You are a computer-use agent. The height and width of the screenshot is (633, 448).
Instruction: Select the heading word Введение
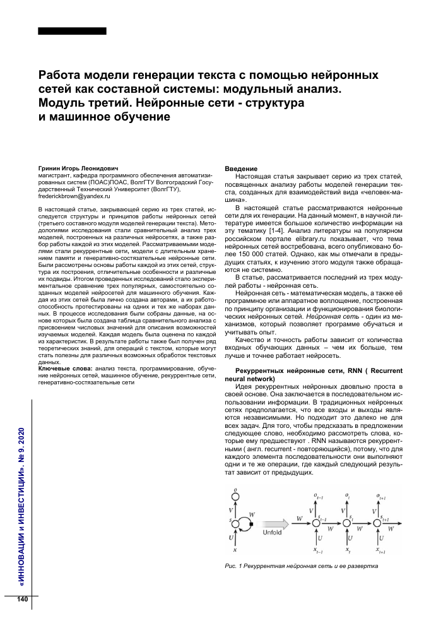pyautogui.click(x=241, y=169)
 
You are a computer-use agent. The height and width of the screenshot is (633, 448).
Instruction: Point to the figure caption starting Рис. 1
pyautogui.click(x=301, y=565)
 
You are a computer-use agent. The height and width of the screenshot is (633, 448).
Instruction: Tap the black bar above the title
pyautogui.click(x=72, y=31)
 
